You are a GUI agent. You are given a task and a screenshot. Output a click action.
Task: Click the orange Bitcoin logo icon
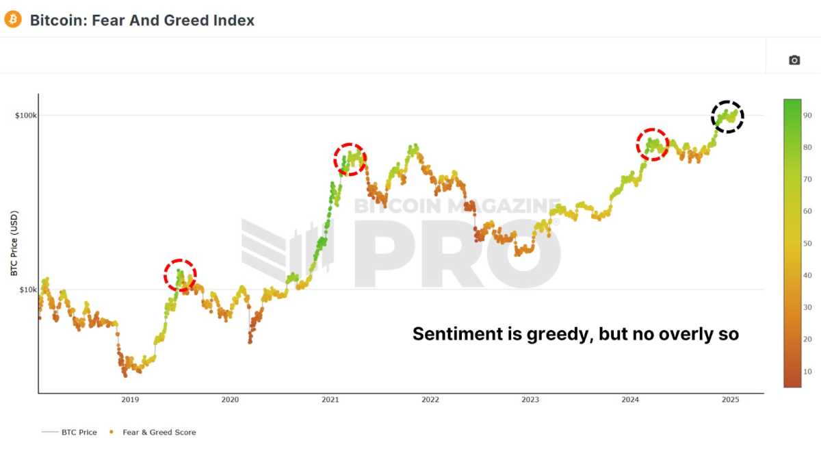[13, 19]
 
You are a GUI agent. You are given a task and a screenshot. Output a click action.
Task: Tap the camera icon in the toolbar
[794, 60]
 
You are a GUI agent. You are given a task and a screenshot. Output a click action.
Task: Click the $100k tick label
[26, 115]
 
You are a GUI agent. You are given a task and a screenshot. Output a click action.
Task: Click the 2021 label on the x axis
[330, 399]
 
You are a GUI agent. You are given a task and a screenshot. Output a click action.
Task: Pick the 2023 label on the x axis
[530, 399]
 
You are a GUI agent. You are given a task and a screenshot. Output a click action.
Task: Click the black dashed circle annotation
[727, 117]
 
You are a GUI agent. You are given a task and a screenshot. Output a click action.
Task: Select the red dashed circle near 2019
[180, 275]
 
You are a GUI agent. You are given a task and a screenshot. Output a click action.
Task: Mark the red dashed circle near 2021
[350, 159]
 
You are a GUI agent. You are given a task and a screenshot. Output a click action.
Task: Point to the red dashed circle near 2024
[653, 144]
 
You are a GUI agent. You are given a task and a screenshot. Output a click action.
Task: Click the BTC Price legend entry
[78, 432]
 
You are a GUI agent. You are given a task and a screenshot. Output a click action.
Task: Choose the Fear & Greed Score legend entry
[159, 432]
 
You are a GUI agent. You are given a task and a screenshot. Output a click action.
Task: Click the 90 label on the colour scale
[807, 116]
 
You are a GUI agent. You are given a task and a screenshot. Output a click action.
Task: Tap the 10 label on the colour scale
[807, 372]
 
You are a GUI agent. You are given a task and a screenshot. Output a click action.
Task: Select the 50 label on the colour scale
[807, 244]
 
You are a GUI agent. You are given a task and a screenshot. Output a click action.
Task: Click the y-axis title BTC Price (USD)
[14, 244]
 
